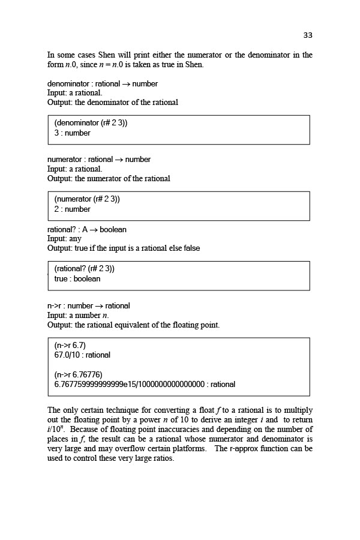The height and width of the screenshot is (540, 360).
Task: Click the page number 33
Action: (308, 35)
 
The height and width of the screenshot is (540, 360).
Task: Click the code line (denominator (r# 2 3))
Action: (91, 123)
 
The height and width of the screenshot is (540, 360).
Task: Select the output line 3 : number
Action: (73, 133)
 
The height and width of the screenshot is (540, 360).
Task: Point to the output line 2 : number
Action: (73, 209)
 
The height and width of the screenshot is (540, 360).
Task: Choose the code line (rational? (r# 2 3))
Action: (85, 269)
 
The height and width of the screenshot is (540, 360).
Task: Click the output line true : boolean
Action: (77, 279)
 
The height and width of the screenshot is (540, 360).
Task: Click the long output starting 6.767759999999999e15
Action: (145, 385)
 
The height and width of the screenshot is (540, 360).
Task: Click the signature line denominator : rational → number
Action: (103, 84)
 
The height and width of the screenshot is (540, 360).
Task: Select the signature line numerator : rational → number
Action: (99, 160)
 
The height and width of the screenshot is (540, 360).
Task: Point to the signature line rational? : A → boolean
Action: (87, 230)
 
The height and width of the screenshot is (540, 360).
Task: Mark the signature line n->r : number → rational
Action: (89, 306)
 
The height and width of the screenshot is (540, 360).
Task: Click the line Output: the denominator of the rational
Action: (113, 103)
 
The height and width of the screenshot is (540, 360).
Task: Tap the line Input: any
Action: (64, 239)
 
